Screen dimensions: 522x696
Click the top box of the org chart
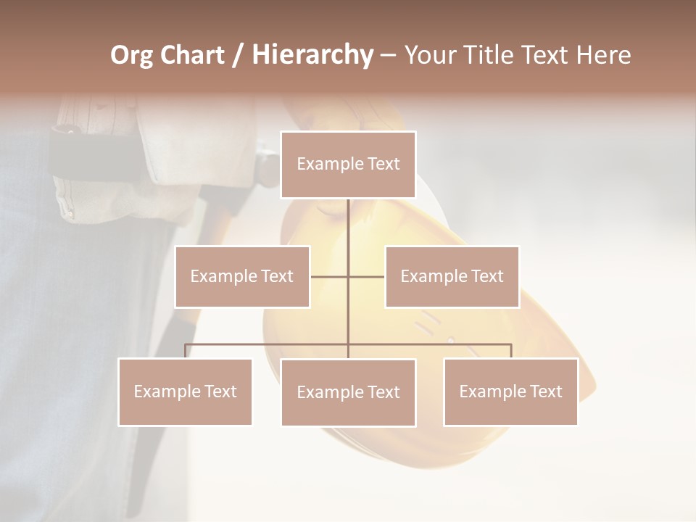(x=348, y=165)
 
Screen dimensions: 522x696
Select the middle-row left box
(x=242, y=276)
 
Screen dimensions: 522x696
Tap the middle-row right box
(x=452, y=276)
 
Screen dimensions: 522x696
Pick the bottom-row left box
(x=185, y=391)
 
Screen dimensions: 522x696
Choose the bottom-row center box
(x=348, y=392)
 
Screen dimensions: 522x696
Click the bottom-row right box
(x=510, y=391)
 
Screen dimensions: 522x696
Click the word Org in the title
(x=131, y=55)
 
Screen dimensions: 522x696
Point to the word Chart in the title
(x=191, y=55)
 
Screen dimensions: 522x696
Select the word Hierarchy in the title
(x=312, y=55)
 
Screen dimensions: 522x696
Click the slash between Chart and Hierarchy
(x=238, y=56)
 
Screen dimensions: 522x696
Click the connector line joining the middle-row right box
(x=367, y=276)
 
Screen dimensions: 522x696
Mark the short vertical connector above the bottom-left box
(x=185, y=352)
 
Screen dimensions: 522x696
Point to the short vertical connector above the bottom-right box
(x=511, y=352)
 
